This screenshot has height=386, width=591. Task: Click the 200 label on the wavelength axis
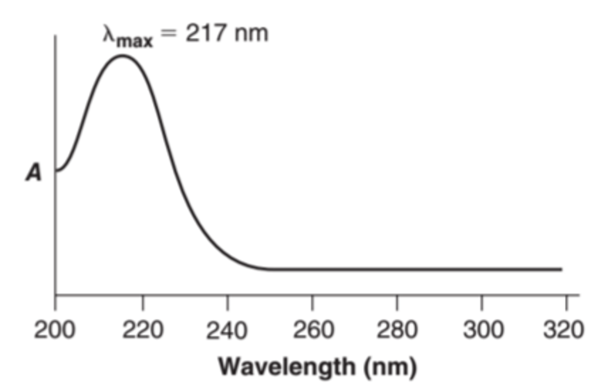(x=55, y=330)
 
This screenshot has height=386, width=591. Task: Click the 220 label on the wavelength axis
(x=142, y=330)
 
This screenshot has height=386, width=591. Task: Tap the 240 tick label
(x=227, y=330)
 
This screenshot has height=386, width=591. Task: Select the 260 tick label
(x=313, y=330)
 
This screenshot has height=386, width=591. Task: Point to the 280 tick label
(x=397, y=330)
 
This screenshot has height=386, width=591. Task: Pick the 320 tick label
(x=564, y=330)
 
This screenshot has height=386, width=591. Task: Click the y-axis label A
(x=34, y=172)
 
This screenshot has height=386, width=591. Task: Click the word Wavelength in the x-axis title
(x=286, y=366)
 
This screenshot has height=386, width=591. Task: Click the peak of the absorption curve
(x=122, y=55)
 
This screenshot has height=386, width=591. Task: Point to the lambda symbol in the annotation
(x=109, y=34)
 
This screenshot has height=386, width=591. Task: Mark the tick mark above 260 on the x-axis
(x=312, y=302)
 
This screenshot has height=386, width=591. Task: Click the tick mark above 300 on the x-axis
(x=481, y=302)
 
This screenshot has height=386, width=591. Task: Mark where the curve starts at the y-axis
(x=56, y=171)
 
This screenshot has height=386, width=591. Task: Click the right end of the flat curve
(x=561, y=270)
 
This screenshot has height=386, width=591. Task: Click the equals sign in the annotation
(x=168, y=33)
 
